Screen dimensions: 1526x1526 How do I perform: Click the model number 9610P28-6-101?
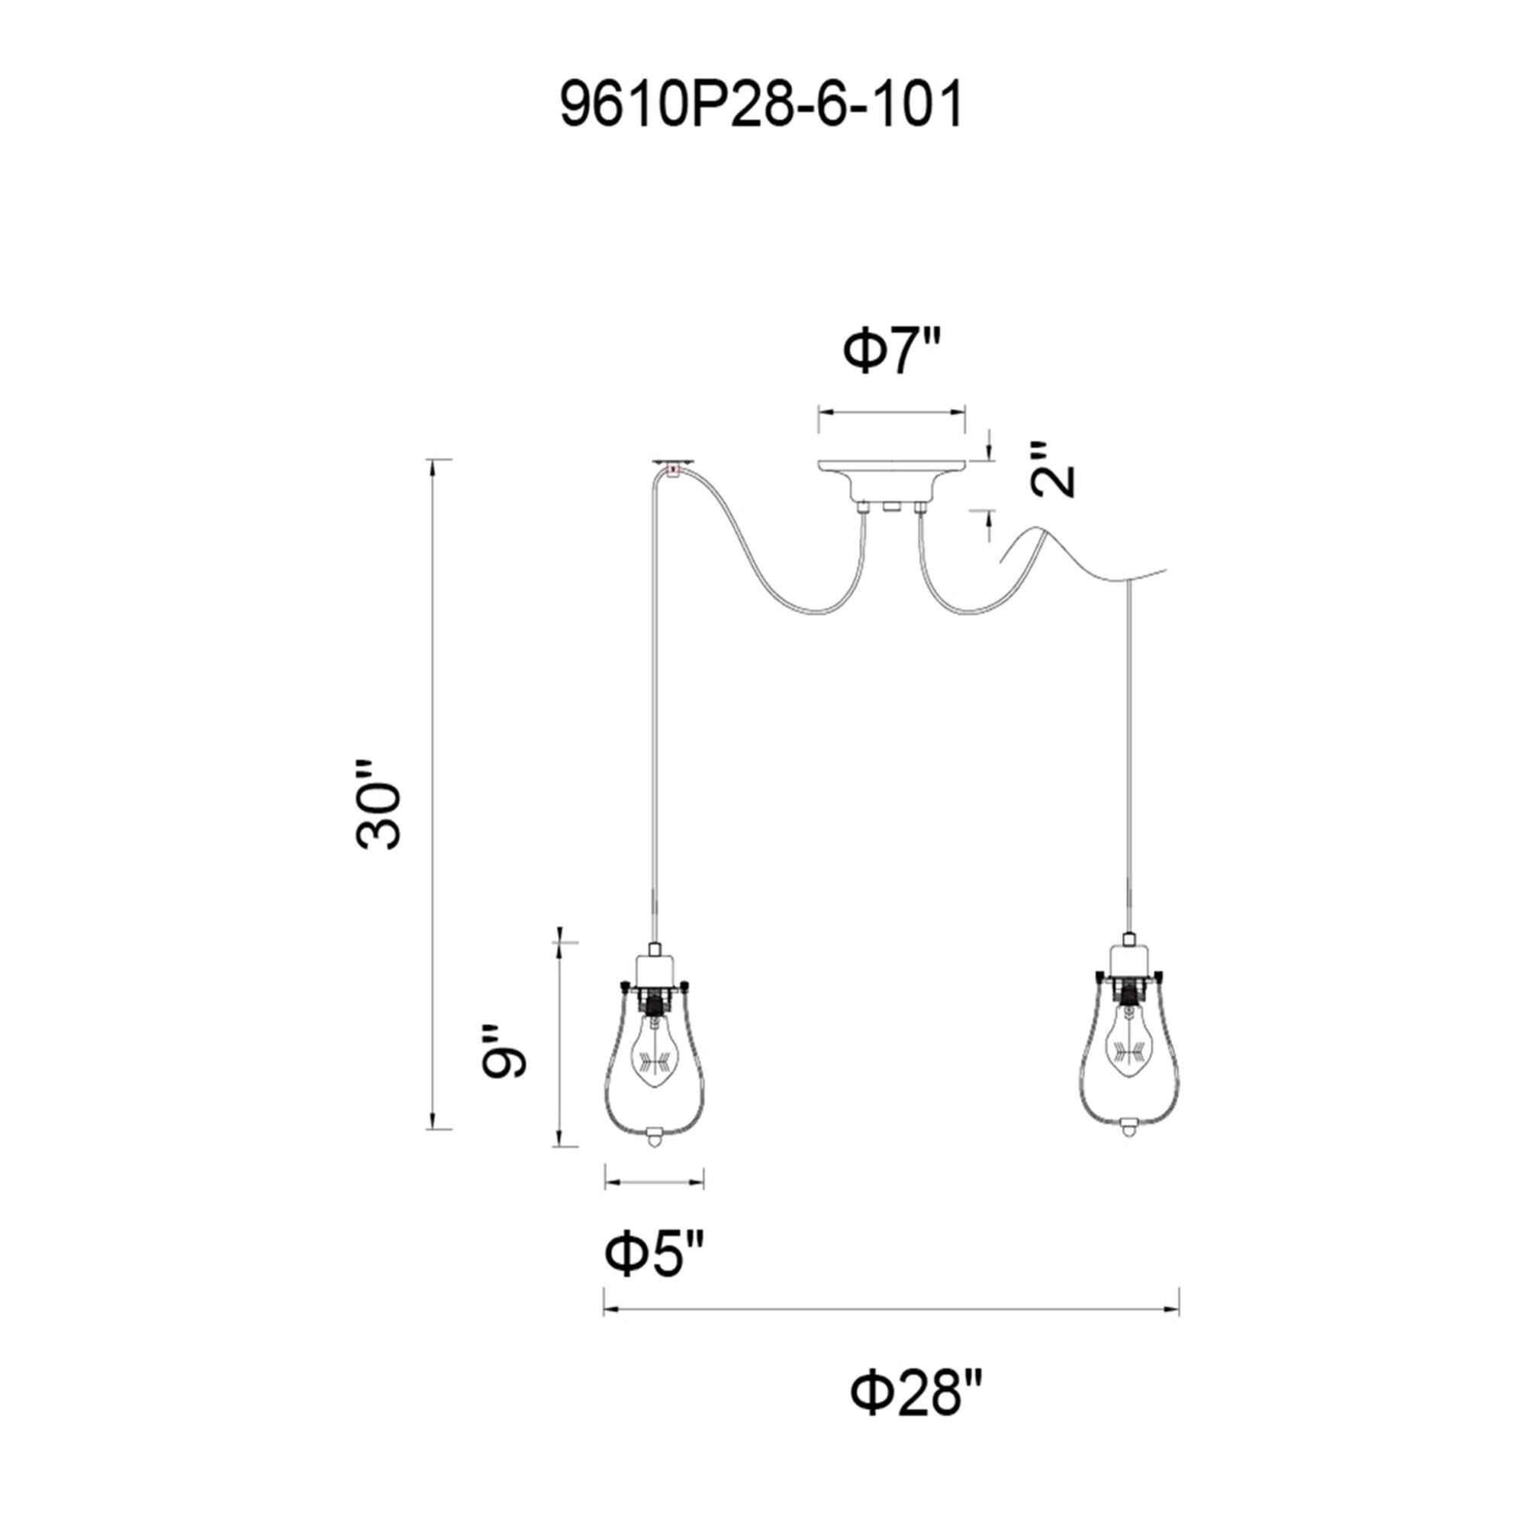tap(761, 106)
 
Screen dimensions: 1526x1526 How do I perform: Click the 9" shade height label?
tap(502, 1052)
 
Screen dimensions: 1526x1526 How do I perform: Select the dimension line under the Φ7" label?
tap(892, 411)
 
